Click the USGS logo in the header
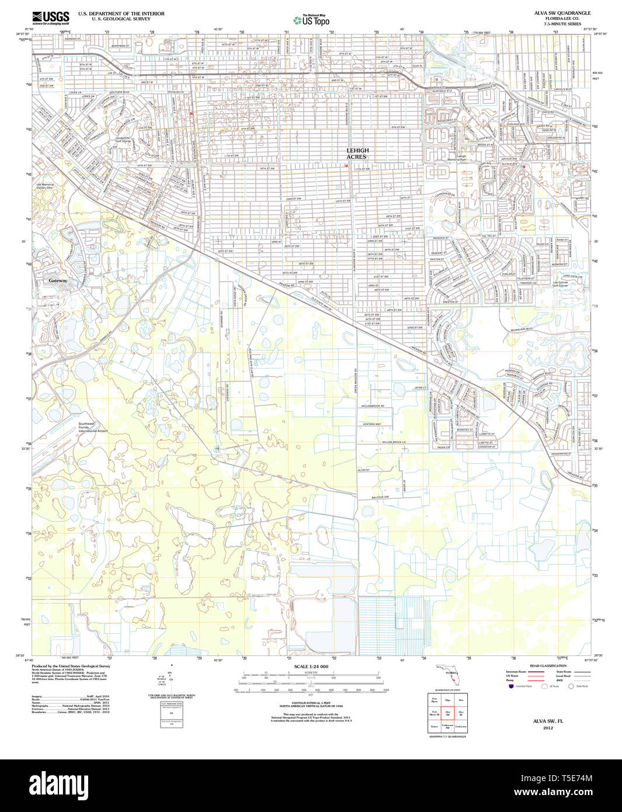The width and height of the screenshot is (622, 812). click(x=51, y=16)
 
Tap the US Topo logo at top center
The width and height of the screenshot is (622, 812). click(x=311, y=20)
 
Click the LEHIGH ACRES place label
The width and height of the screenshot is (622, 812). click(x=357, y=154)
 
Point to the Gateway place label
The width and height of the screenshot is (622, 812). click(x=58, y=281)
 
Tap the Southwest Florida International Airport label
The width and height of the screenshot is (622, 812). click(x=93, y=427)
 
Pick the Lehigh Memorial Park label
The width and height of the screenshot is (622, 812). click(x=461, y=158)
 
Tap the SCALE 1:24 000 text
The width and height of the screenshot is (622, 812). click(x=311, y=667)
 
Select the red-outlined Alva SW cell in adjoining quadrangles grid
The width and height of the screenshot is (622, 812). click(x=447, y=713)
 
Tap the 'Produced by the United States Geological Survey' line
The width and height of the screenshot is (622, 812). click(x=71, y=666)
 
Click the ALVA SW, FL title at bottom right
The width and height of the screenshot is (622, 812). click(x=548, y=721)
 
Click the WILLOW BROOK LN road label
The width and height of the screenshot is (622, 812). click(x=394, y=442)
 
